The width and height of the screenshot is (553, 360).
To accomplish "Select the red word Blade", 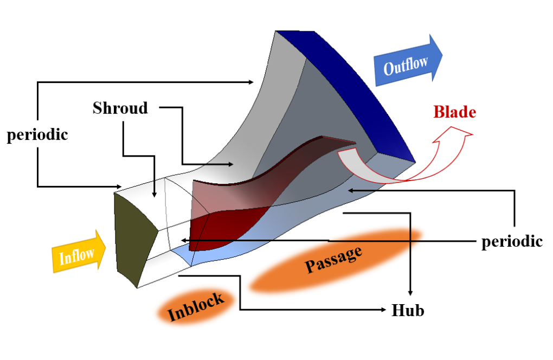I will pos(454,112).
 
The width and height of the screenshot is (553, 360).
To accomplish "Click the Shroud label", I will pos(120,108).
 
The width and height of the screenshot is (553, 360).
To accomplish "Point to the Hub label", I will pos(407,311).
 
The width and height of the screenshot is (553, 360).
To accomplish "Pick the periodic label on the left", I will pos(37,134).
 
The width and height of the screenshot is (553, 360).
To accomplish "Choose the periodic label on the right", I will pos(512,241).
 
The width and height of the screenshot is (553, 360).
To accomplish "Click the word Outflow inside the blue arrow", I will pos(406,65).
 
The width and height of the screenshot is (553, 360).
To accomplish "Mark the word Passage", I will pos(333,259).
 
